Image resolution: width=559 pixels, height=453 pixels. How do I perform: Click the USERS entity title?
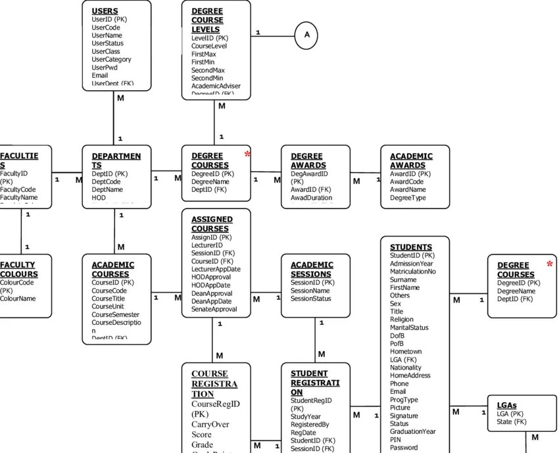105,11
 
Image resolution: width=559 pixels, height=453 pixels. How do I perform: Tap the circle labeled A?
306,35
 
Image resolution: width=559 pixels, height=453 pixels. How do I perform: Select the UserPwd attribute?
105,68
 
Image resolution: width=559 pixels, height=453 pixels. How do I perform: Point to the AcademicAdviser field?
216,86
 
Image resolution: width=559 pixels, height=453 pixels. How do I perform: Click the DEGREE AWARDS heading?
308,160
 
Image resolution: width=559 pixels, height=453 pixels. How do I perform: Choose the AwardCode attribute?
406,182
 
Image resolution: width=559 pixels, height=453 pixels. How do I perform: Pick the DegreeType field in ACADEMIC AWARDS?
408,198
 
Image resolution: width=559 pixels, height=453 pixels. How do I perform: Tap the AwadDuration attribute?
311,198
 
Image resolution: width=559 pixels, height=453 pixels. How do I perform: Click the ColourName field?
18,298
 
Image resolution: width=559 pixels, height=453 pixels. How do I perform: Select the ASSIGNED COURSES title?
212,224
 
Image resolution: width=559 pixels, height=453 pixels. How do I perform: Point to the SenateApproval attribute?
214,309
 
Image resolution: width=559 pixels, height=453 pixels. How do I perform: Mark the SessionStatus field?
311,298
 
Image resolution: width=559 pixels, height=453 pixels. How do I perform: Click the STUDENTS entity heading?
411,247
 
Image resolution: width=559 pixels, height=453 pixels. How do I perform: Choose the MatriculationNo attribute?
412,272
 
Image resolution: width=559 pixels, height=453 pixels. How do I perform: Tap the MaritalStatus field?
409,327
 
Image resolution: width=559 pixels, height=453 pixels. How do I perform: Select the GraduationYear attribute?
412,432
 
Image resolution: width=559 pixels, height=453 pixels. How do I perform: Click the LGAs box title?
506,405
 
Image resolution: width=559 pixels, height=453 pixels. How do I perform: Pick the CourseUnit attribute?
109,306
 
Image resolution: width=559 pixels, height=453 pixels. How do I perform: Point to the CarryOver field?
210,425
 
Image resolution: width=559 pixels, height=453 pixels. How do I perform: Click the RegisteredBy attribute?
310,425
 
